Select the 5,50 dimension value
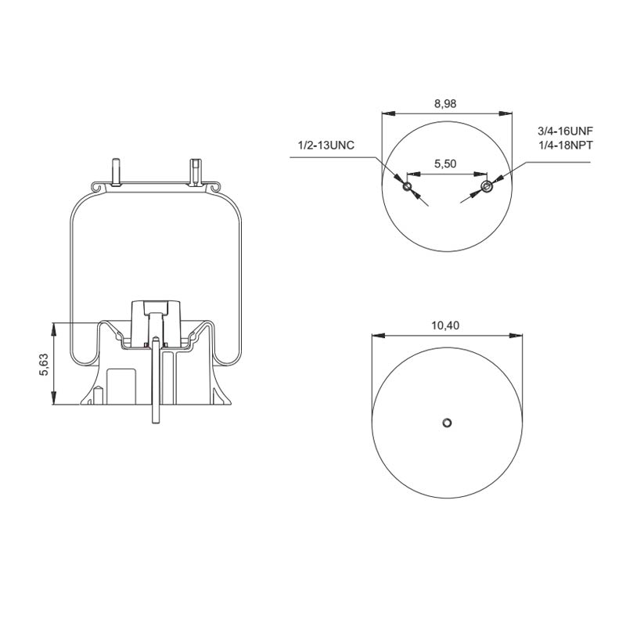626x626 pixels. (445, 165)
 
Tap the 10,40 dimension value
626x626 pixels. (445, 325)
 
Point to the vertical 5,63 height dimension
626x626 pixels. (45, 365)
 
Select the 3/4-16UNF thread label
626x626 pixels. (567, 132)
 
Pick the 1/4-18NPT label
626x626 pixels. (567, 146)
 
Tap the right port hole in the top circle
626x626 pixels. (487, 185)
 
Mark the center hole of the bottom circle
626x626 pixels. (445, 423)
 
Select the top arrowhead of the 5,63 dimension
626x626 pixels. (55, 326)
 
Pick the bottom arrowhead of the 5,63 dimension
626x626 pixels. (55, 401)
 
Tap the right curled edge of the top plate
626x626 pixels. (213, 188)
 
